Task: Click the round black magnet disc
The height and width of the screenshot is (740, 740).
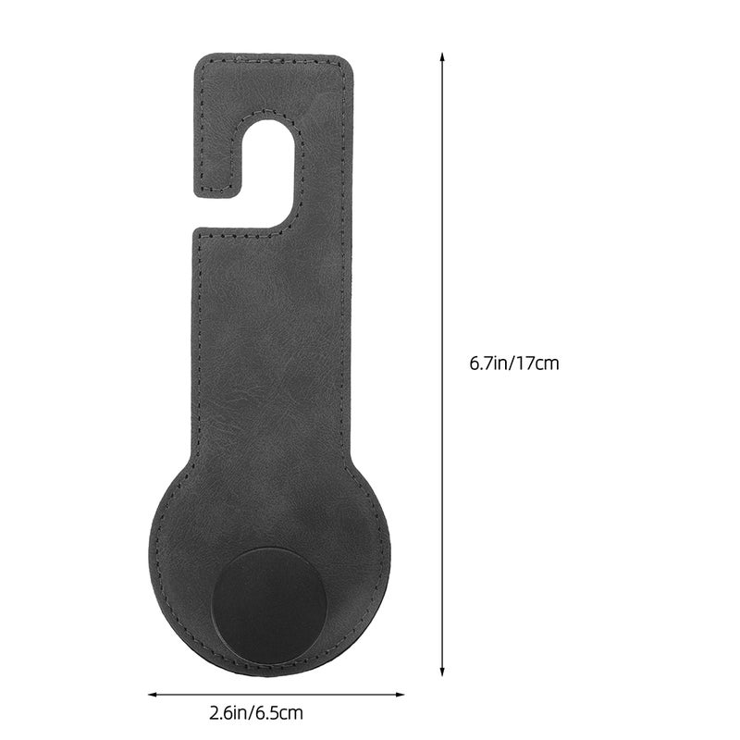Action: pyautogui.click(x=269, y=607)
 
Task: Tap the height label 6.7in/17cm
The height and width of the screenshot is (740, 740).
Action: pyautogui.click(x=514, y=364)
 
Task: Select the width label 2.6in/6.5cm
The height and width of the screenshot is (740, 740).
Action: pyautogui.click(x=256, y=712)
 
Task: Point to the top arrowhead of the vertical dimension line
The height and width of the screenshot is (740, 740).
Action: pyautogui.click(x=442, y=56)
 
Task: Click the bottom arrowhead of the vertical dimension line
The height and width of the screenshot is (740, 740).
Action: pyautogui.click(x=442, y=672)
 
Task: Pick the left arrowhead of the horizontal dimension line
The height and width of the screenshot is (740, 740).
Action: pyautogui.click(x=153, y=695)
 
